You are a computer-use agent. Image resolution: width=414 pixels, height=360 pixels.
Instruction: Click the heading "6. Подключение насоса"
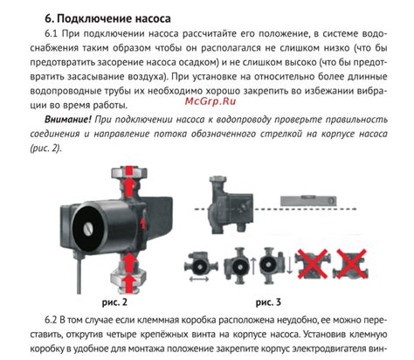point(107,18)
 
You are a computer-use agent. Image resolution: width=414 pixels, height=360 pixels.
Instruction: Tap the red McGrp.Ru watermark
point(210,101)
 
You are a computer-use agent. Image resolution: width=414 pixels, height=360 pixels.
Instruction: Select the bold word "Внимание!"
point(68,120)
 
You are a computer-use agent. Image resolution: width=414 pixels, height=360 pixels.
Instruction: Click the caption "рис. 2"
point(114,302)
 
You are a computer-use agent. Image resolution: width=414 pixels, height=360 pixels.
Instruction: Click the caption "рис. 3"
point(268,302)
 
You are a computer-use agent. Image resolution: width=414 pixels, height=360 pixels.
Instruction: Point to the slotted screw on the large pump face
point(89,229)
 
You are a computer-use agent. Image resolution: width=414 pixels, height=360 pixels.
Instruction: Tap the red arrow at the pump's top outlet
point(129,181)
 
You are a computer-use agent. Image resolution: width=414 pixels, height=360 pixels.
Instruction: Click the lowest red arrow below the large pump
point(129,283)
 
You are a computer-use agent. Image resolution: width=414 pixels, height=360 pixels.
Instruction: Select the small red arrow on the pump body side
point(142,223)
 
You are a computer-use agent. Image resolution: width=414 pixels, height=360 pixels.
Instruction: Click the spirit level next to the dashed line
point(308,201)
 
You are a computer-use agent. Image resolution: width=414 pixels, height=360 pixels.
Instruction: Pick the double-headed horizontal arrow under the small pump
point(199,279)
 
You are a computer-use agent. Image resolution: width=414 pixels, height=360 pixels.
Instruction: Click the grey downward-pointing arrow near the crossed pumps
point(289,265)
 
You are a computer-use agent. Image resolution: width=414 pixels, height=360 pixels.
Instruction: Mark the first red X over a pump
point(312,263)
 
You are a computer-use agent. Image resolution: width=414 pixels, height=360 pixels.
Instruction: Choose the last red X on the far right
point(351,263)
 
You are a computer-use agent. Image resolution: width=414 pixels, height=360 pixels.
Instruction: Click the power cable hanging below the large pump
point(79,275)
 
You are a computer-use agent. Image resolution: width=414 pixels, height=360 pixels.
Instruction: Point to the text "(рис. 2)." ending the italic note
point(46,149)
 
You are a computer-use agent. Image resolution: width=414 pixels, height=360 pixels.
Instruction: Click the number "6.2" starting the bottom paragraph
point(51,320)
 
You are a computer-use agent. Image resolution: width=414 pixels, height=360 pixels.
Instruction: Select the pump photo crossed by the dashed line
point(230,203)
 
